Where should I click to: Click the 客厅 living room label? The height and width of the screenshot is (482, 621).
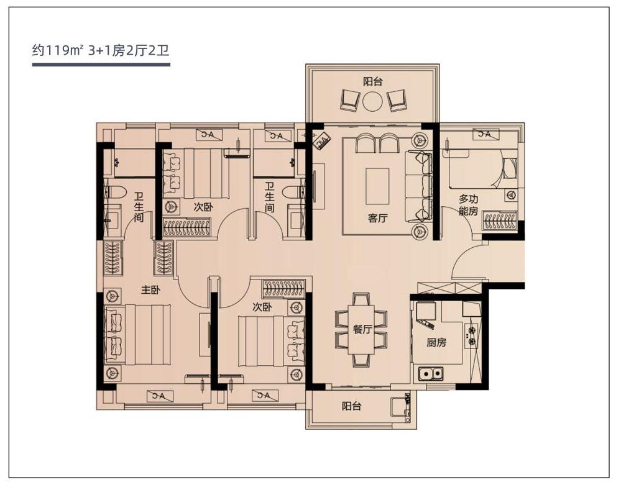click(x=377, y=218)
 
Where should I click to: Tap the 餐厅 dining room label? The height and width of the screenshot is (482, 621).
click(x=362, y=329)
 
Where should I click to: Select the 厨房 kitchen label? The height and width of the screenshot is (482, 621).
click(x=436, y=342)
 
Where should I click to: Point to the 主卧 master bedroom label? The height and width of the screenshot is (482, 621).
click(x=150, y=290)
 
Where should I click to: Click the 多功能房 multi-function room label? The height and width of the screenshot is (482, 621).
click(x=468, y=205)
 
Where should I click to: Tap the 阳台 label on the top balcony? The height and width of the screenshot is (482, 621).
click(x=373, y=82)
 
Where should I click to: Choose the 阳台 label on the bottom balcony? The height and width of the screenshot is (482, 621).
click(x=351, y=406)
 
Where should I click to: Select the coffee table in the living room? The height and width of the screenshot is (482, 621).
click(x=377, y=186)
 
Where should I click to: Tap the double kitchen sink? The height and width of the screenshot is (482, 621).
click(x=431, y=373)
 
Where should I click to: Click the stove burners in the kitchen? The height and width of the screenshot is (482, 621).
click(x=472, y=335)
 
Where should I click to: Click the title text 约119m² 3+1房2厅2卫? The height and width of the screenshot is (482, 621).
click(x=101, y=51)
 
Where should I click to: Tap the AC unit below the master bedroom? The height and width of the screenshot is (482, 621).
click(x=159, y=395)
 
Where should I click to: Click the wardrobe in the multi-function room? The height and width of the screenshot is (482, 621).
click(x=499, y=221)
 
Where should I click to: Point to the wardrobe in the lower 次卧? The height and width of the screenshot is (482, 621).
click(x=284, y=288)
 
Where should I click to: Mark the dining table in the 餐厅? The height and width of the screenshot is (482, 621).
click(x=361, y=330)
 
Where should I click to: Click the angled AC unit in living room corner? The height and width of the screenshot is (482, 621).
click(x=321, y=140)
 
